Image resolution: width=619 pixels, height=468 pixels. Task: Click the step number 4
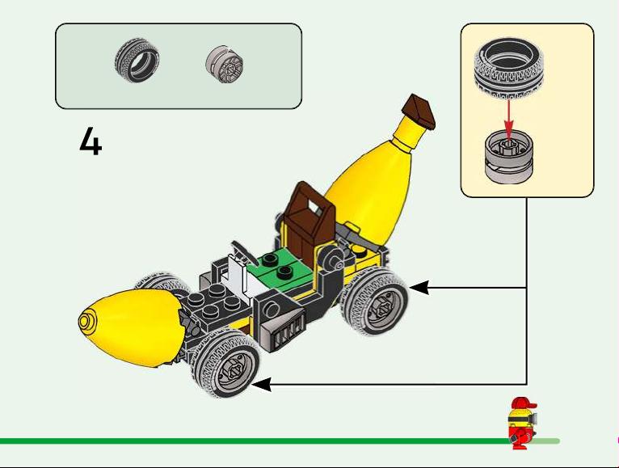[x=91, y=141]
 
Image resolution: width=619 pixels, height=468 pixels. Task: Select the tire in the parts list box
[x=137, y=60]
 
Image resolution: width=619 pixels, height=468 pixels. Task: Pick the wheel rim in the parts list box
[x=224, y=65]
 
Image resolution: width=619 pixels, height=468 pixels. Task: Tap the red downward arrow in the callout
[x=508, y=119]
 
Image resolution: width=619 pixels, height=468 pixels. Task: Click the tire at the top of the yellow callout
[x=509, y=66]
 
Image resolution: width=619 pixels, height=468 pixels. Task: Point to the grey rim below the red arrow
[x=509, y=157]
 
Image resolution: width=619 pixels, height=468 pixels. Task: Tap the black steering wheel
[x=244, y=250]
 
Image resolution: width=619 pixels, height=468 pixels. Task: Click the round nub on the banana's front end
[x=86, y=321]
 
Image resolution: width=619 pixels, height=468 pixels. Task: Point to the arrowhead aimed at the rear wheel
[x=419, y=288]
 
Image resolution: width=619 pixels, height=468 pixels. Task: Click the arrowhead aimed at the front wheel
[x=262, y=384]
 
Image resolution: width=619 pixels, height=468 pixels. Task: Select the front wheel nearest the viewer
[x=225, y=365]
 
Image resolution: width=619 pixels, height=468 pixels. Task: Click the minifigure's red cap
[x=522, y=404]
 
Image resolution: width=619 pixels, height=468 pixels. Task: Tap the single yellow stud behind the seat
[x=359, y=250]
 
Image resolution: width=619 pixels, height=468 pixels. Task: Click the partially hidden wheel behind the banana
[x=160, y=282]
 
